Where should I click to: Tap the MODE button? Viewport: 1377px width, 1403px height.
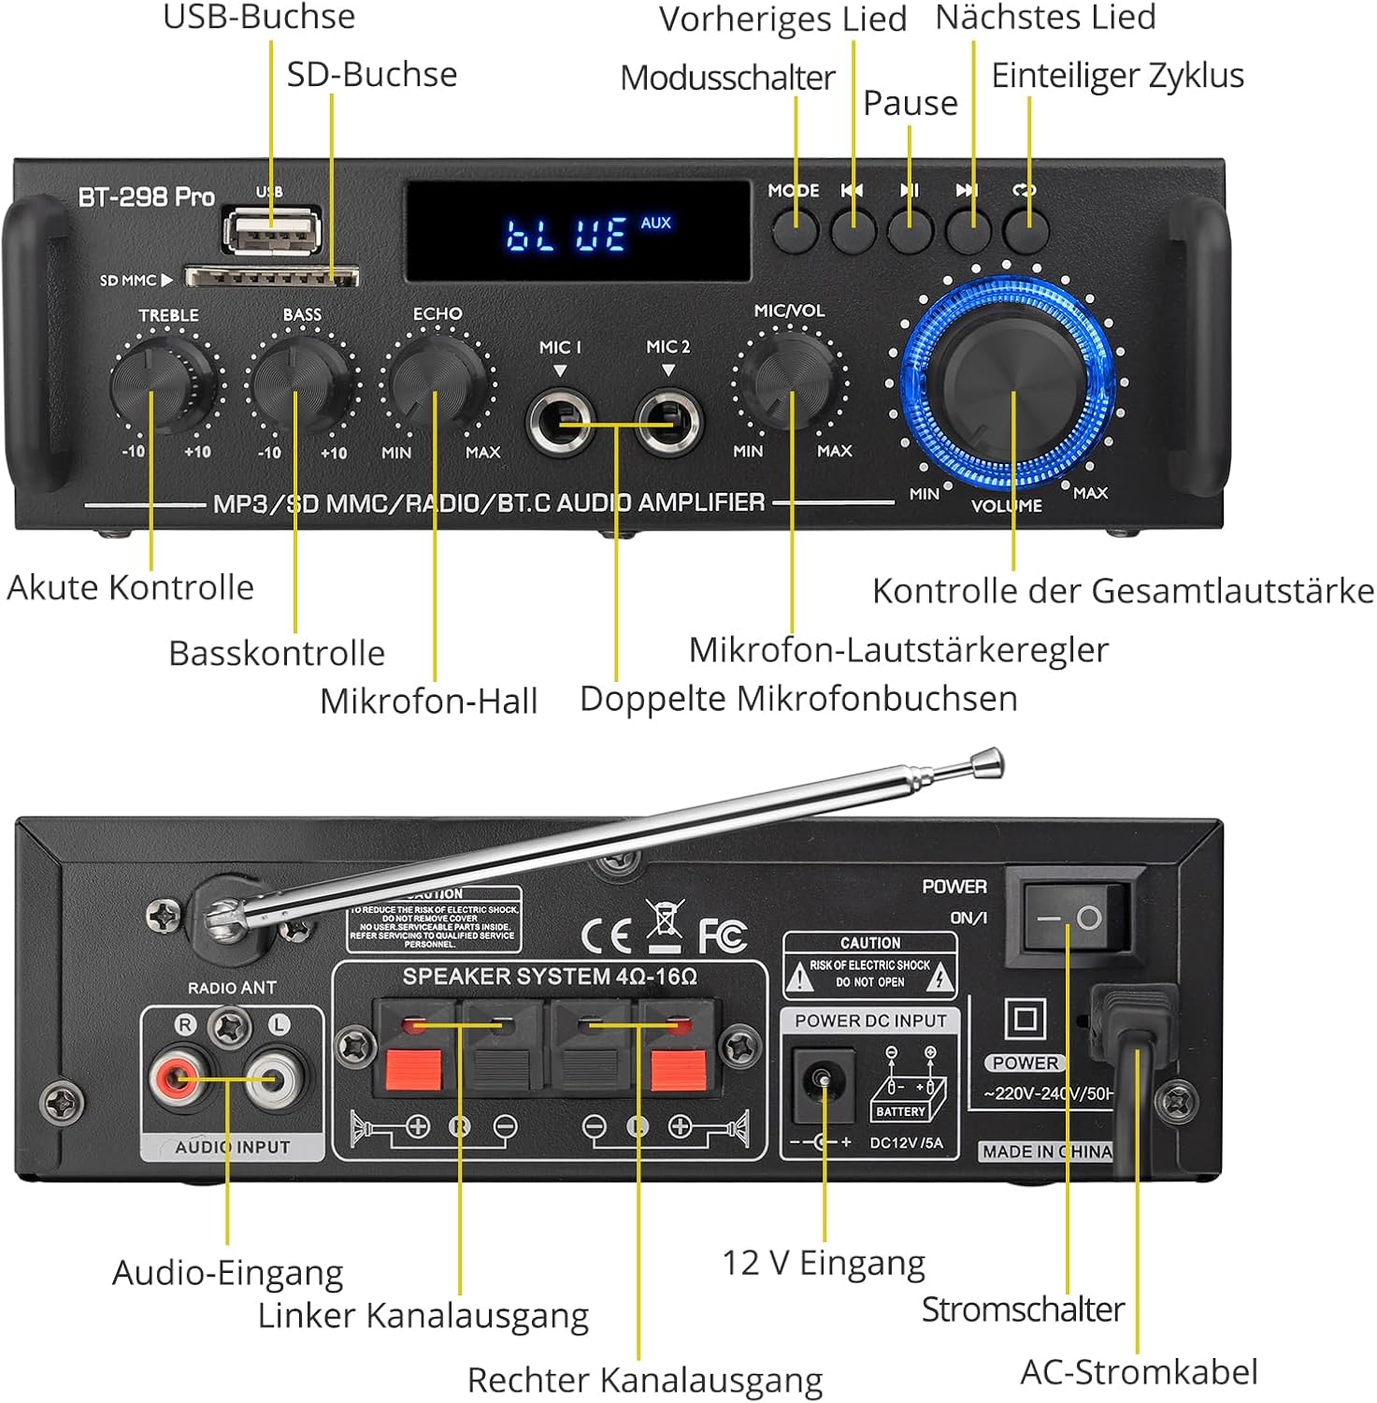coord(796,229)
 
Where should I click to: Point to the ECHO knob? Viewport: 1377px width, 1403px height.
coord(436,382)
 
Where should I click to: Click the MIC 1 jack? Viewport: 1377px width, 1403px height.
coord(560,423)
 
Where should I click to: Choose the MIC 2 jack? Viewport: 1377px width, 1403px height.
coord(668,423)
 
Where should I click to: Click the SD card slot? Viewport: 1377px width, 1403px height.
coord(271,277)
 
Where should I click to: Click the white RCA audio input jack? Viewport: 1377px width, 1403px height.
coord(274,1078)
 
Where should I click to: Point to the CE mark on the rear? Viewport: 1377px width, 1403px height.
coord(605,934)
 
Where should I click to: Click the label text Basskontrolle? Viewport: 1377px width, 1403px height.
coord(277,653)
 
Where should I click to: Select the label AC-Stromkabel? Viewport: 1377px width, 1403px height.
coord(1139,1372)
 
